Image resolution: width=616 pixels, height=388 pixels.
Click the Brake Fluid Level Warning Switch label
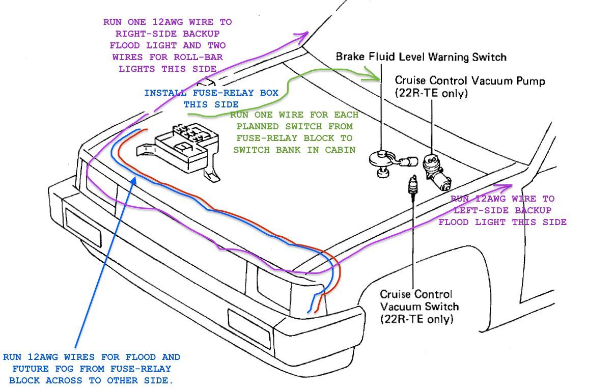(x=421, y=57)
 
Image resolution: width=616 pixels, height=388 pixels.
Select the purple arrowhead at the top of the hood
(x=303, y=36)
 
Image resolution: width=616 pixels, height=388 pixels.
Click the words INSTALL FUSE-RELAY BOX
(x=211, y=93)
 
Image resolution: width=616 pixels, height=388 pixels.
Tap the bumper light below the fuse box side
(x=83, y=227)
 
